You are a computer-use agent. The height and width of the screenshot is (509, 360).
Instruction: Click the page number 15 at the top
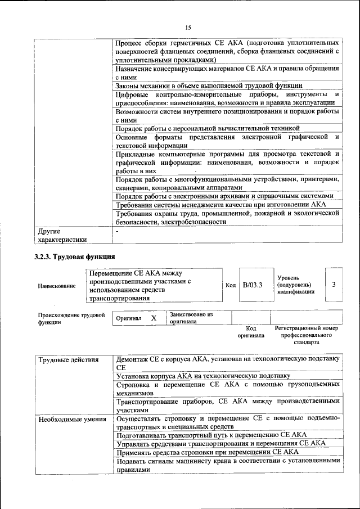coord(188,27)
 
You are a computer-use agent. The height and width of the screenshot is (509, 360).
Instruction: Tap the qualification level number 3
coord(334,285)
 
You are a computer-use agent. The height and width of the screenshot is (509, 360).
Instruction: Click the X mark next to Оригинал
coord(153,318)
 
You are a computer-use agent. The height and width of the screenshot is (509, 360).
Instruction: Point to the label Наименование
coord(57,286)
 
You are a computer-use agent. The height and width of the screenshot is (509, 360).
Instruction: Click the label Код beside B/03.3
coord(231,286)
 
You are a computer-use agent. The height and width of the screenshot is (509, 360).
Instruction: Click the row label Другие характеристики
coord(62,235)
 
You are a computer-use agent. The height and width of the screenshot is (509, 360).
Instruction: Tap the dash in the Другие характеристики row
coord(117,231)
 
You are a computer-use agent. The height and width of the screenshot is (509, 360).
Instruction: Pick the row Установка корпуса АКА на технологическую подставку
coord(203,376)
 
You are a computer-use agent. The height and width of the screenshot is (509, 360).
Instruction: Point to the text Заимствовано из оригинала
coord(191,318)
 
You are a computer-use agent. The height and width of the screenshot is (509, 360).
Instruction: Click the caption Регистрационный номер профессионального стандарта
coord(306,334)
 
